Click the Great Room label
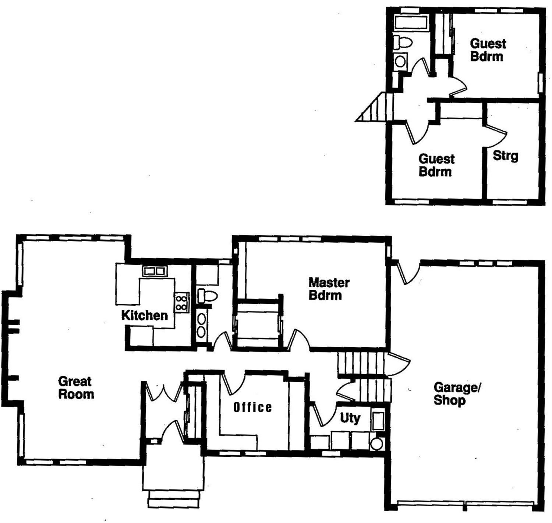click(76, 387)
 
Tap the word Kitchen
click(144, 315)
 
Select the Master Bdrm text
click(329, 289)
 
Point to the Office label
click(253, 407)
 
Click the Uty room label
click(350, 418)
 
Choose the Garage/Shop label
click(457, 393)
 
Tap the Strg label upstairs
click(505, 156)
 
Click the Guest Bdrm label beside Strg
click(436, 165)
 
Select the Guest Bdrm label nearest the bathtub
click(488, 50)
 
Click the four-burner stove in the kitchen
click(181, 302)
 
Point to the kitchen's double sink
click(154, 271)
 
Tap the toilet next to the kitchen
click(207, 295)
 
